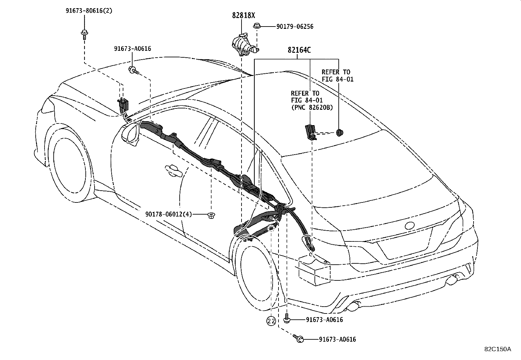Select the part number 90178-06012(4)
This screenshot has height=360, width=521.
click(168, 214)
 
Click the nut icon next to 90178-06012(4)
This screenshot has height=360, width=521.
click(211, 215)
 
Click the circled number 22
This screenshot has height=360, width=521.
click(271, 321)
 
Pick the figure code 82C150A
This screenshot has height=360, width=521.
click(497, 349)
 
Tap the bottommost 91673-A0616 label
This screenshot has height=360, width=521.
click(337, 340)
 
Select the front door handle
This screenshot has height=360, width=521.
click(174, 170)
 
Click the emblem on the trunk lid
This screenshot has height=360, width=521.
click(409, 226)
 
